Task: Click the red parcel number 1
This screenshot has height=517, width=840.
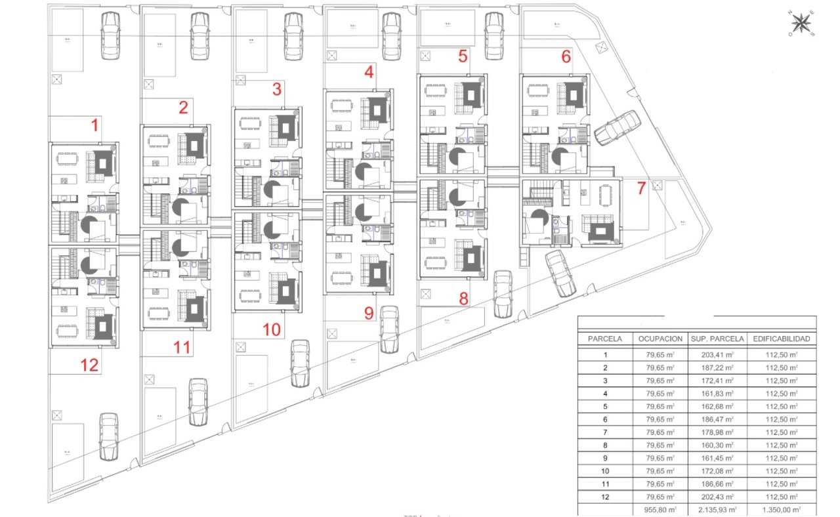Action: coord(95,125)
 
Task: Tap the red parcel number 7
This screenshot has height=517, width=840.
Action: coord(641,188)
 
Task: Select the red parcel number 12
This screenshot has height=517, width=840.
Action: coord(90,365)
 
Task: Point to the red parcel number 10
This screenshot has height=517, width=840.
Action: coord(271,329)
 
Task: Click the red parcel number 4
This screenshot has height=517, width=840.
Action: coord(369,73)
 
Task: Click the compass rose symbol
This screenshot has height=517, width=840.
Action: coord(801,24)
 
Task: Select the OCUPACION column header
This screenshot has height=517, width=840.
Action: coord(660,339)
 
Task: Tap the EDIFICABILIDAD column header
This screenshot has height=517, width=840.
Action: coord(782,339)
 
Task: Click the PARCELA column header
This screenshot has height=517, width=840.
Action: coord(605,339)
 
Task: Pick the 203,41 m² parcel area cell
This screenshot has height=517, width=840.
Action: coord(717,355)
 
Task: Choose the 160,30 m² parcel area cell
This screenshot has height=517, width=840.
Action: coord(717,445)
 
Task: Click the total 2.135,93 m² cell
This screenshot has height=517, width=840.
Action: coord(717,509)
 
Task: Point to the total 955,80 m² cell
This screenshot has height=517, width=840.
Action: coord(660,509)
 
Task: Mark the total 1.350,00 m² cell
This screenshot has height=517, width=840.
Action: coord(782,509)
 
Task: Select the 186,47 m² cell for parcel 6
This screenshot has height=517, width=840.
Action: coord(717,419)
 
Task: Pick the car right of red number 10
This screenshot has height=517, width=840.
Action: coord(300,363)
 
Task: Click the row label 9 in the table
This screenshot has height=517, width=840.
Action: coord(605,458)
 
